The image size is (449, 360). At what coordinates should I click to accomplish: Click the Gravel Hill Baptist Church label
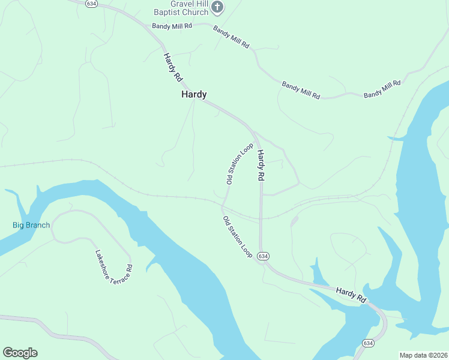click(181, 8)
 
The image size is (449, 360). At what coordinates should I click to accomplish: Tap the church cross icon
click(217, 7)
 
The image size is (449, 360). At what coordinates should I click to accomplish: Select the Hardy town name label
click(194, 95)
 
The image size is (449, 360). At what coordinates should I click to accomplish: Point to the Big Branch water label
click(31, 226)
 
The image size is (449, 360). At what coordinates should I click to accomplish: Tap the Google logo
click(20, 352)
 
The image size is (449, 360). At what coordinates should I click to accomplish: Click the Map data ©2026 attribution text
click(423, 355)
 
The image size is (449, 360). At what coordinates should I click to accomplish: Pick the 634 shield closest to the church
click(91, 3)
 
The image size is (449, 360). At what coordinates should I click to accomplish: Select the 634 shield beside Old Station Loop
click(262, 256)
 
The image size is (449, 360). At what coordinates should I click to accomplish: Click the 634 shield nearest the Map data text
click(368, 343)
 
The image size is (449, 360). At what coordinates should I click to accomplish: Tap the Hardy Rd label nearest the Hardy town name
click(173, 67)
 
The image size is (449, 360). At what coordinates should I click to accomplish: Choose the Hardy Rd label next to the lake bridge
click(351, 294)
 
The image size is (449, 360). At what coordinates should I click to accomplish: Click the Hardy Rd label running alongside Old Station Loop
click(261, 166)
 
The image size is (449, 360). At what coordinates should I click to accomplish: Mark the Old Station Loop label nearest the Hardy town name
click(239, 163)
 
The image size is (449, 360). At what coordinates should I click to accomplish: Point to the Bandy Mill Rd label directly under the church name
click(172, 26)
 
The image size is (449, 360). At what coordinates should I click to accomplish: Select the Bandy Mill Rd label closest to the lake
click(382, 89)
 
